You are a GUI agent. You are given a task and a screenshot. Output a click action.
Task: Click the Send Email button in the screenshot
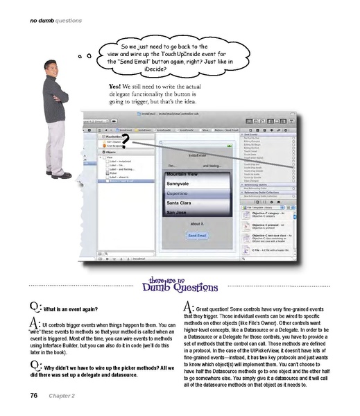[196, 235]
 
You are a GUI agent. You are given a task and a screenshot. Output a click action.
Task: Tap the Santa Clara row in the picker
[181, 202]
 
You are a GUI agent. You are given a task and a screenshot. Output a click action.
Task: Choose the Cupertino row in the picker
[181, 194]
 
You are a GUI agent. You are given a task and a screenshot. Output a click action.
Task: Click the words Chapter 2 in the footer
[63, 395]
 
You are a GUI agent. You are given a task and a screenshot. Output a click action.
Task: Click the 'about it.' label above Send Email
[197, 223]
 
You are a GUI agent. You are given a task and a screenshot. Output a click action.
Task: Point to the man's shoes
[60, 175]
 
